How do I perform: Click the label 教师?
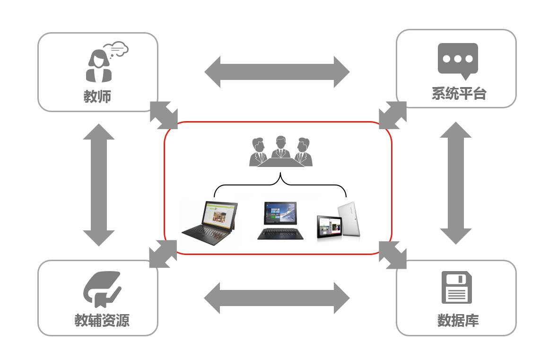97,97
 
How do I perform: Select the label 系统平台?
459,94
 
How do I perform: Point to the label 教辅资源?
102,320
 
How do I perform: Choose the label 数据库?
458,320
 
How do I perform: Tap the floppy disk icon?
457,287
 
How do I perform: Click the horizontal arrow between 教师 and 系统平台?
277,72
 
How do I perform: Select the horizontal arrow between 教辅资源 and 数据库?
277,298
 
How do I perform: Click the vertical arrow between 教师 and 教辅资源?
99,184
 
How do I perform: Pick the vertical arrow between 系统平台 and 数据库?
456,183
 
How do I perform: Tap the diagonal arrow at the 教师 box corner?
164,115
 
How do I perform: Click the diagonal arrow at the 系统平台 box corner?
393,115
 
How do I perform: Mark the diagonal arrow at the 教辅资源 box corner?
163,254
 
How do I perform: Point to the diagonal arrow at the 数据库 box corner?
393,255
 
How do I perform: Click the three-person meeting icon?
280,152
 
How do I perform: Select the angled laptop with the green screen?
210,223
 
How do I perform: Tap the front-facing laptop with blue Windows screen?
280,220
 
